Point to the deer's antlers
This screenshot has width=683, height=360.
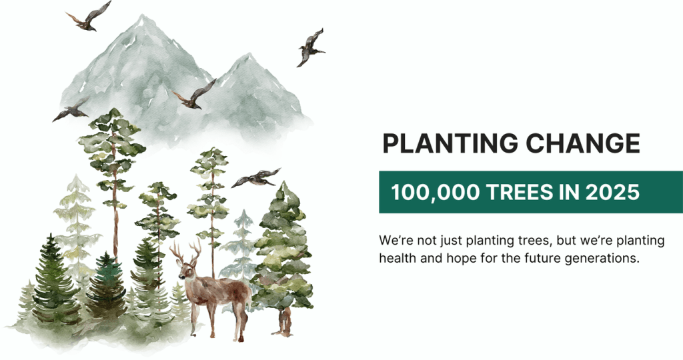click(x=186, y=251)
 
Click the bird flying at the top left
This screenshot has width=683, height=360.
click(x=89, y=17)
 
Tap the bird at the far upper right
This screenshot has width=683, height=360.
click(x=311, y=48)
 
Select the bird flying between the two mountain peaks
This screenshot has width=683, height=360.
click(x=195, y=95)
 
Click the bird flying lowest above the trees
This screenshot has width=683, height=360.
click(x=256, y=177)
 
